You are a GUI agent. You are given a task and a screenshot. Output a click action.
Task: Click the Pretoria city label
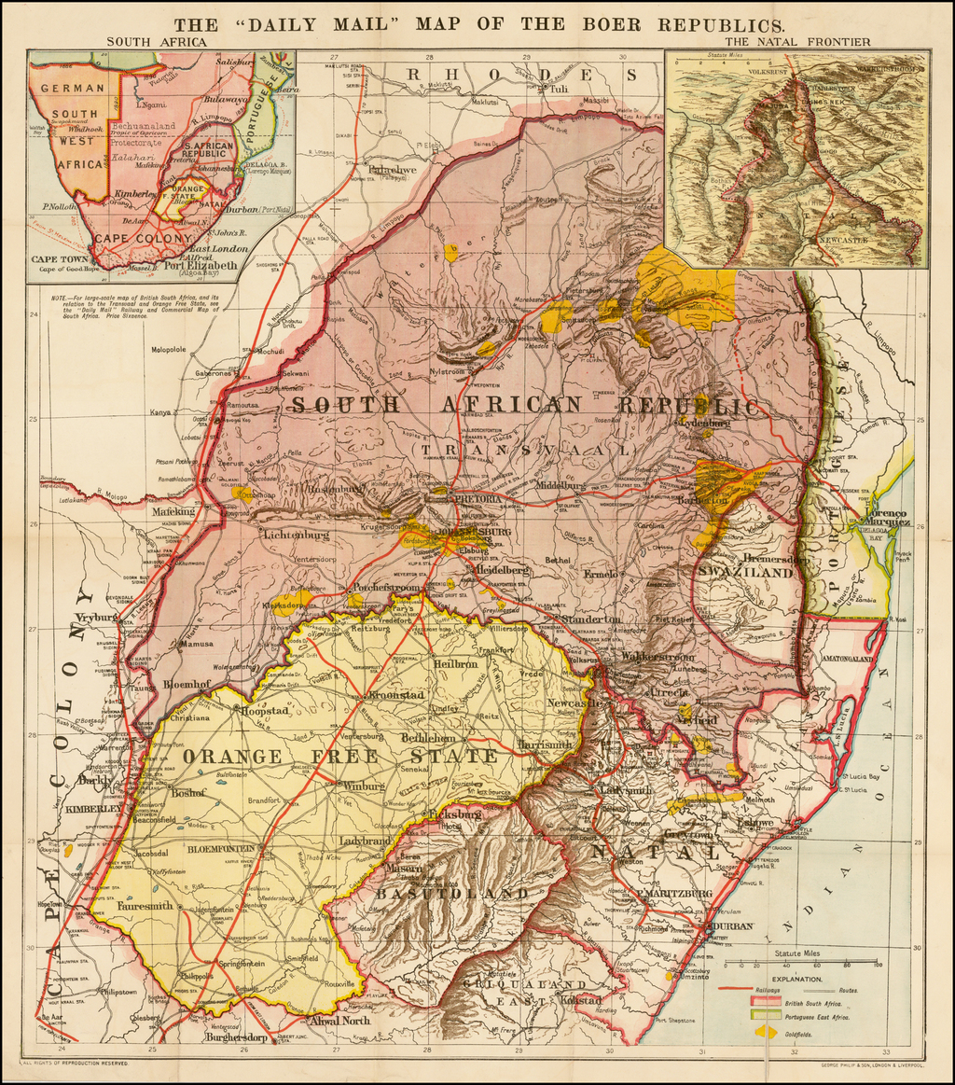pos(478,500)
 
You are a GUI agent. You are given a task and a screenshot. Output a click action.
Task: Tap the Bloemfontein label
pos(221,849)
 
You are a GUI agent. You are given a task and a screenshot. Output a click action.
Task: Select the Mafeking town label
pos(174,511)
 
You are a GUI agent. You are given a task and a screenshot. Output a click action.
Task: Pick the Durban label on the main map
pos(732,927)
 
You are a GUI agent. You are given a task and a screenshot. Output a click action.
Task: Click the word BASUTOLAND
pos(451,894)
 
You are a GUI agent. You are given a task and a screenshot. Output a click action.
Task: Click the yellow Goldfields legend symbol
pos(766,1032)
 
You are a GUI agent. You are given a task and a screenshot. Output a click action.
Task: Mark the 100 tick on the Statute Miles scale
pos(878,965)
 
